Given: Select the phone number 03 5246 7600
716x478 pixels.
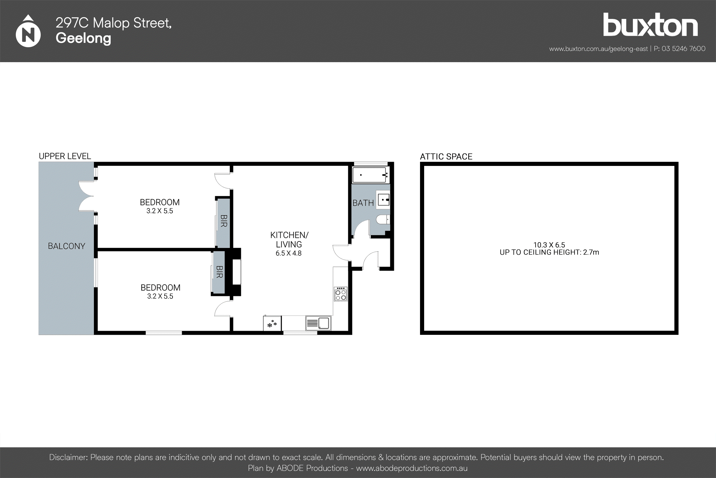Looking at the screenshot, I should point(683,49).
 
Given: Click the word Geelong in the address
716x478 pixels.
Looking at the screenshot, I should point(83,38).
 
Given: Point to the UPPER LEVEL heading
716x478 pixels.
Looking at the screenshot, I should point(65,156).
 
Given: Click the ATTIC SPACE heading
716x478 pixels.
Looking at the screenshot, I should point(446,156).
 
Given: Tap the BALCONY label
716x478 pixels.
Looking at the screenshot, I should point(66,246).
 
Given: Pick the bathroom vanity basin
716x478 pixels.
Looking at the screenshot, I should point(384,200).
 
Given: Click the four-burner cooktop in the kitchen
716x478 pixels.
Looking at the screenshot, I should point(340,294).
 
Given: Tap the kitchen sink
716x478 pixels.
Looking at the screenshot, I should point(318,323).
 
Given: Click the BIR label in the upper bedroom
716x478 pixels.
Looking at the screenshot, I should point(224,221).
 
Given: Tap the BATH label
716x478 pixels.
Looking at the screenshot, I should point(363,203).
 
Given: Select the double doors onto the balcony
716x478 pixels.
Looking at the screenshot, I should point(87,196).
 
